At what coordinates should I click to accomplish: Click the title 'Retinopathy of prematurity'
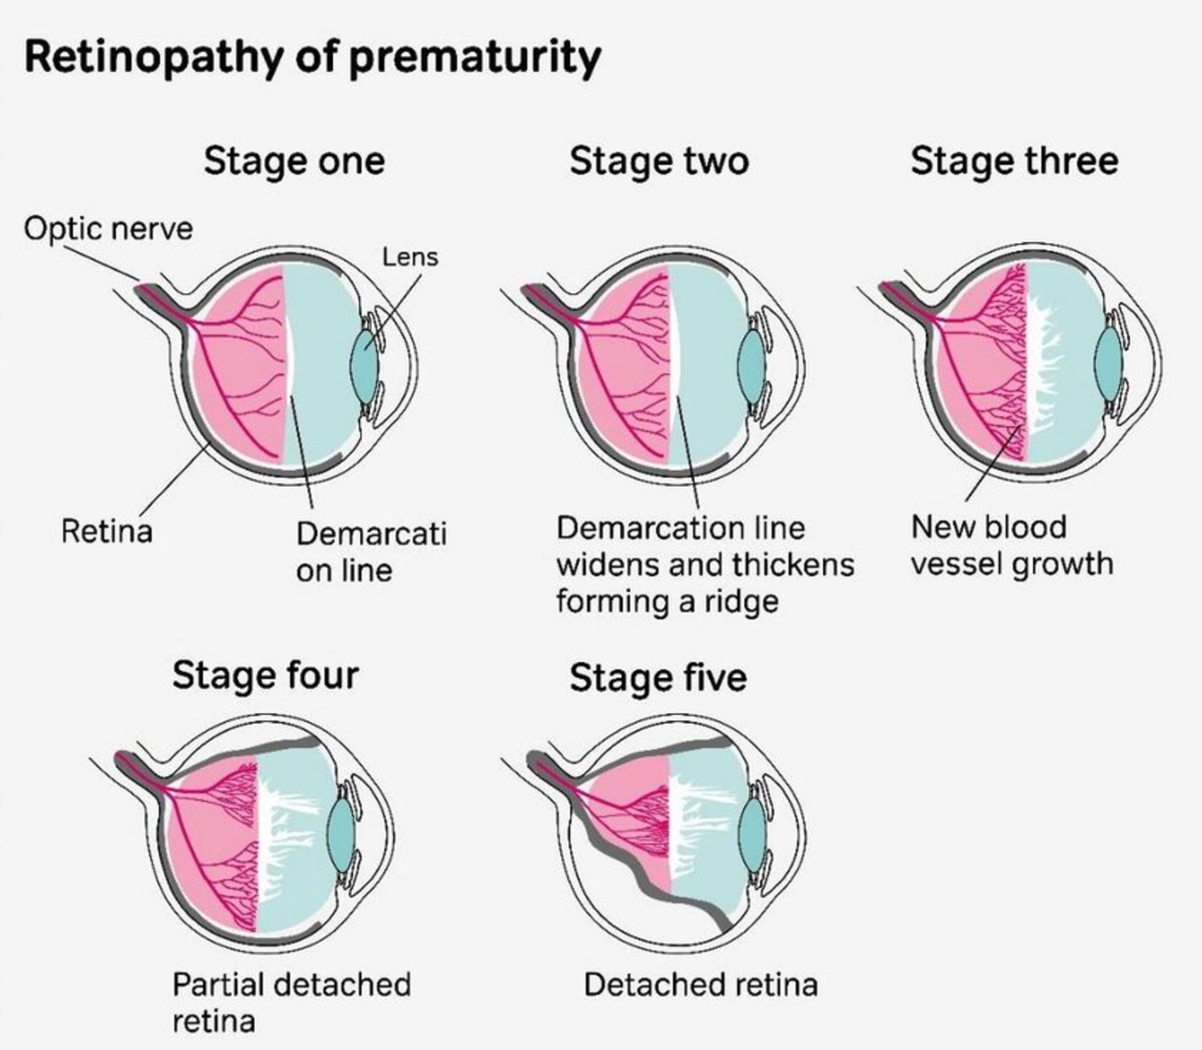[312, 57]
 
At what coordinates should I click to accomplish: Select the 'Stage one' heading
[294, 161]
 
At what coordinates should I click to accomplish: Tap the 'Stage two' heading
[659, 161]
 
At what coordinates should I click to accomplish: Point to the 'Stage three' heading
[1014, 161]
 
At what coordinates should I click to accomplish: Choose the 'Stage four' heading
[265, 675]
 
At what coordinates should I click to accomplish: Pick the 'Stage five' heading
[658, 677]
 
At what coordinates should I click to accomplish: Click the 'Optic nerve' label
[108, 229]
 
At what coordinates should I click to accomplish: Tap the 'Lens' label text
[410, 257]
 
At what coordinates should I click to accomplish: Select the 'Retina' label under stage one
[107, 530]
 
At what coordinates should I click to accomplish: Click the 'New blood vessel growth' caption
[1011, 545]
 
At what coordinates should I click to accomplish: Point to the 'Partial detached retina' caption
[291, 1002]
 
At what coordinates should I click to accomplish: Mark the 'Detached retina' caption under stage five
[701, 985]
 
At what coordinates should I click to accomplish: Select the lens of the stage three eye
[1108, 364]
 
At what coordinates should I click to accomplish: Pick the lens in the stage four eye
[341, 837]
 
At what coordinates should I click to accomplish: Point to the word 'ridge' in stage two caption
[741, 601]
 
